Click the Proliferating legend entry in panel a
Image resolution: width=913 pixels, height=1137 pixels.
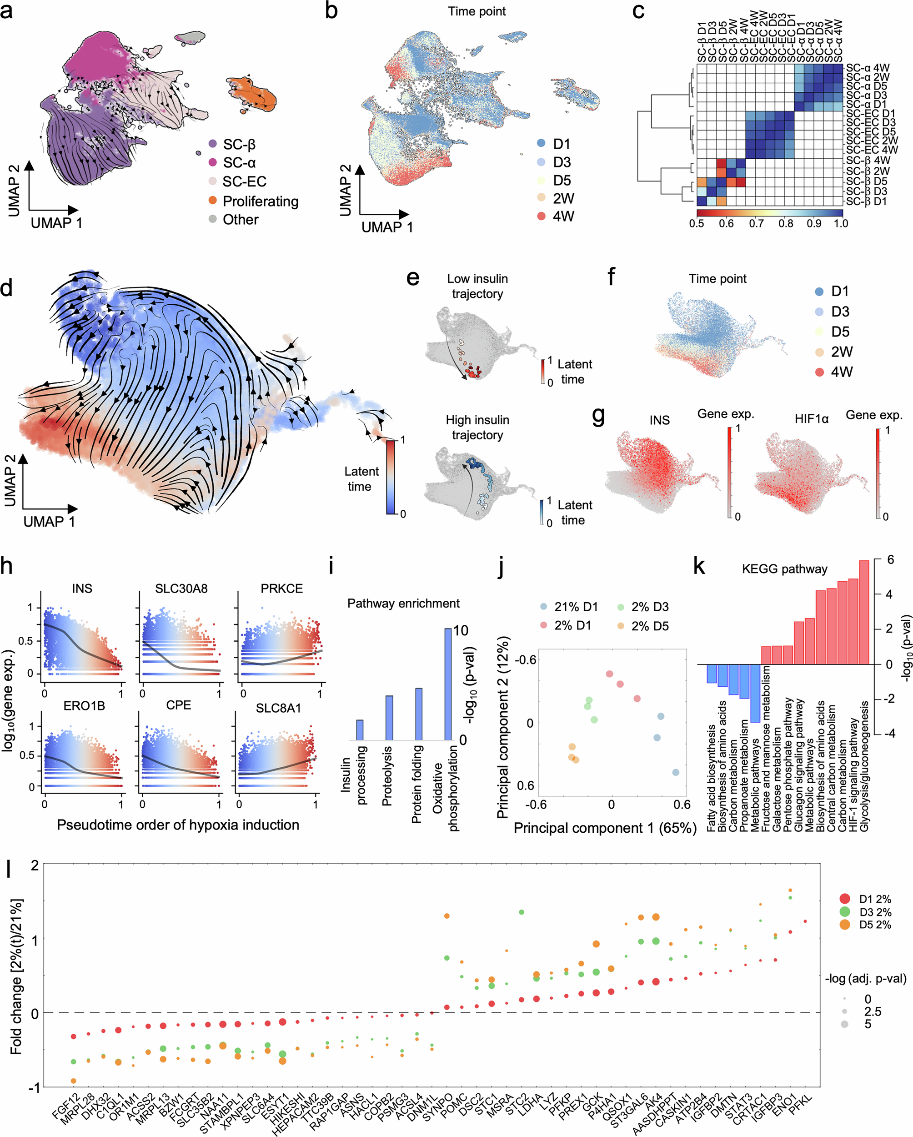pyautogui.click(x=261, y=201)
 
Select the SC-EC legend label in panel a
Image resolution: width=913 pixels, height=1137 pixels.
pyautogui.click(x=244, y=181)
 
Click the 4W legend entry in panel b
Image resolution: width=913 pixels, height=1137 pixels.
pyautogui.click(x=562, y=216)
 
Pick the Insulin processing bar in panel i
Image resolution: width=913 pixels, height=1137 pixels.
pyautogui.click(x=360, y=730)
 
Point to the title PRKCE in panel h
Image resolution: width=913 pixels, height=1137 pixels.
pyautogui.click(x=281, y=589)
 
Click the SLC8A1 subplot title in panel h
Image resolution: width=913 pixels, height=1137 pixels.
pyautogui.click(x=278, y=708)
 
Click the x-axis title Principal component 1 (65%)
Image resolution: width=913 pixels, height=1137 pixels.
pyautogui.click(x=605, y=828)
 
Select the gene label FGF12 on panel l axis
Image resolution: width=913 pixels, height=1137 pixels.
pyautogui.click(x=66, y=1107)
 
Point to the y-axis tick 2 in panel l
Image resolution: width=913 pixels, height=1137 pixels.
pyautogui.click(x=35, y=865)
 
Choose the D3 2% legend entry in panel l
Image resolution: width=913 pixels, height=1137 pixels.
pyautogui.click(x=874, y=912)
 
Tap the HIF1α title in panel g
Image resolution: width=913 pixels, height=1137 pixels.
pyautogui.click(x=811, y=419)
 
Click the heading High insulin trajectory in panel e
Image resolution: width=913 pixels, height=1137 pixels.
pyautogui.click(x=477, y=427)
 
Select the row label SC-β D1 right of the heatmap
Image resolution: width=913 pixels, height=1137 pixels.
pyautogui.click(x=866, y=201)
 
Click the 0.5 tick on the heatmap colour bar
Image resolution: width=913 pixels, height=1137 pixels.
pyautogui.click(x=697, y=223)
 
